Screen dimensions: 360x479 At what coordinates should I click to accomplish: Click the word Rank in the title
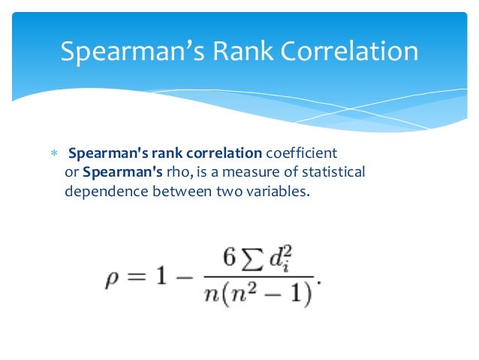click(x=239, y=52)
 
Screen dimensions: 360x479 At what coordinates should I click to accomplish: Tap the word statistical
click(x=330, y=173)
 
